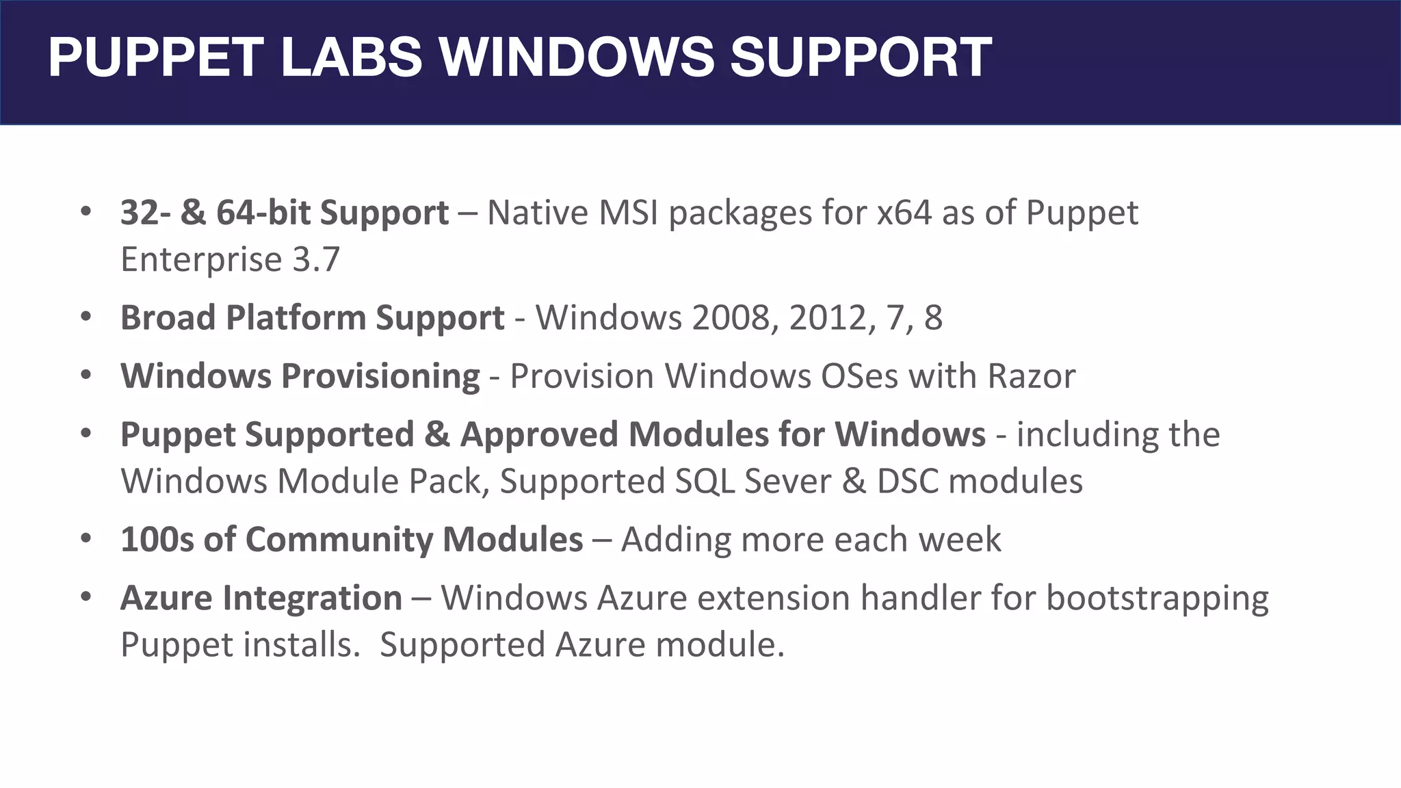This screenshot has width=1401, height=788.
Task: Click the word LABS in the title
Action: click(352, 57)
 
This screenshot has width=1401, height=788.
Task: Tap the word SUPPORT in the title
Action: click(861, 57)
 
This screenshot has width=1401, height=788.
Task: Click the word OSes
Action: click(859, 376)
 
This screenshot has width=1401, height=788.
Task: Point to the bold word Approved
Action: click(539, 435)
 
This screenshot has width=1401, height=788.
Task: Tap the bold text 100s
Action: click(157, 540)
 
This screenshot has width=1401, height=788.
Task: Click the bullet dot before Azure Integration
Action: click(86, 597)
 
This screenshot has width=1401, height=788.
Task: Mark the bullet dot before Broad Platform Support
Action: click(86, 317)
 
